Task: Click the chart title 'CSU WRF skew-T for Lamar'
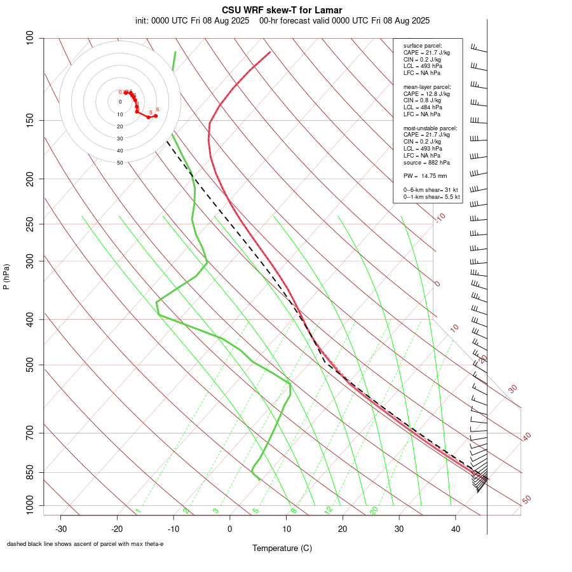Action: pos(282,10)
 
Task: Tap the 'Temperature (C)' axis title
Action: pos(282,548)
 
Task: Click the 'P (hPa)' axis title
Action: pos(6,276)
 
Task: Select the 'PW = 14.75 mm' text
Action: pos(425,175)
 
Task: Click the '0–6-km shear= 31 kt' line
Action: pos(431,190)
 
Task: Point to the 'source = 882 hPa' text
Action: pos(426,163)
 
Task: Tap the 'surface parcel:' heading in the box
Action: pos(423,46)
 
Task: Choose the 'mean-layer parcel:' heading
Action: pos(427,86)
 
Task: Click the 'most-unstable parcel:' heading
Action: pos(430,128)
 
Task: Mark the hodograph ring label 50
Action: pos(119,163)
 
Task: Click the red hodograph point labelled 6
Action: pos(156,116)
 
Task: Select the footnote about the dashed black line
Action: pos(85,544)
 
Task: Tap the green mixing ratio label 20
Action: pos(374,510)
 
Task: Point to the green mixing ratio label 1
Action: pos(137,510)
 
